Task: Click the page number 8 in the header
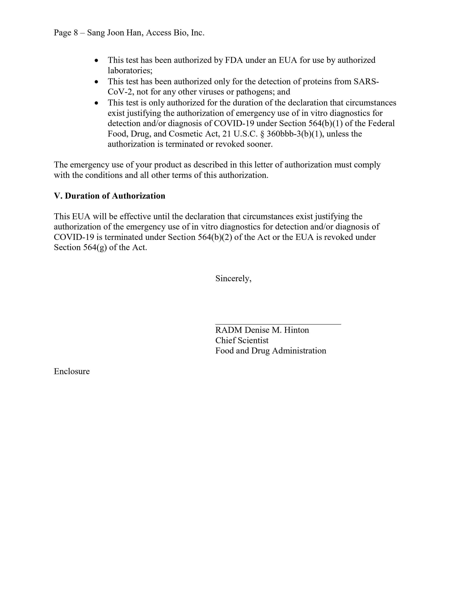pyautogui.click(x=76, y=33)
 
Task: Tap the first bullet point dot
pyautogui.click(x=96, y=61)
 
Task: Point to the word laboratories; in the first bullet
pyautogui.click(x=130, y=71)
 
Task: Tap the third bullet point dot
pyautogui.click(x=96, y=103)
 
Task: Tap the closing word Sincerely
pyautogui.click(x=233, y=279)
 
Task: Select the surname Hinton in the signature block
pyautogui.click(x=297, y=330)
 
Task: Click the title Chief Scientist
pyautogui.click(x=242, y=341)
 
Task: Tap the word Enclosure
pyautogui.click(x=72, y=371)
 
